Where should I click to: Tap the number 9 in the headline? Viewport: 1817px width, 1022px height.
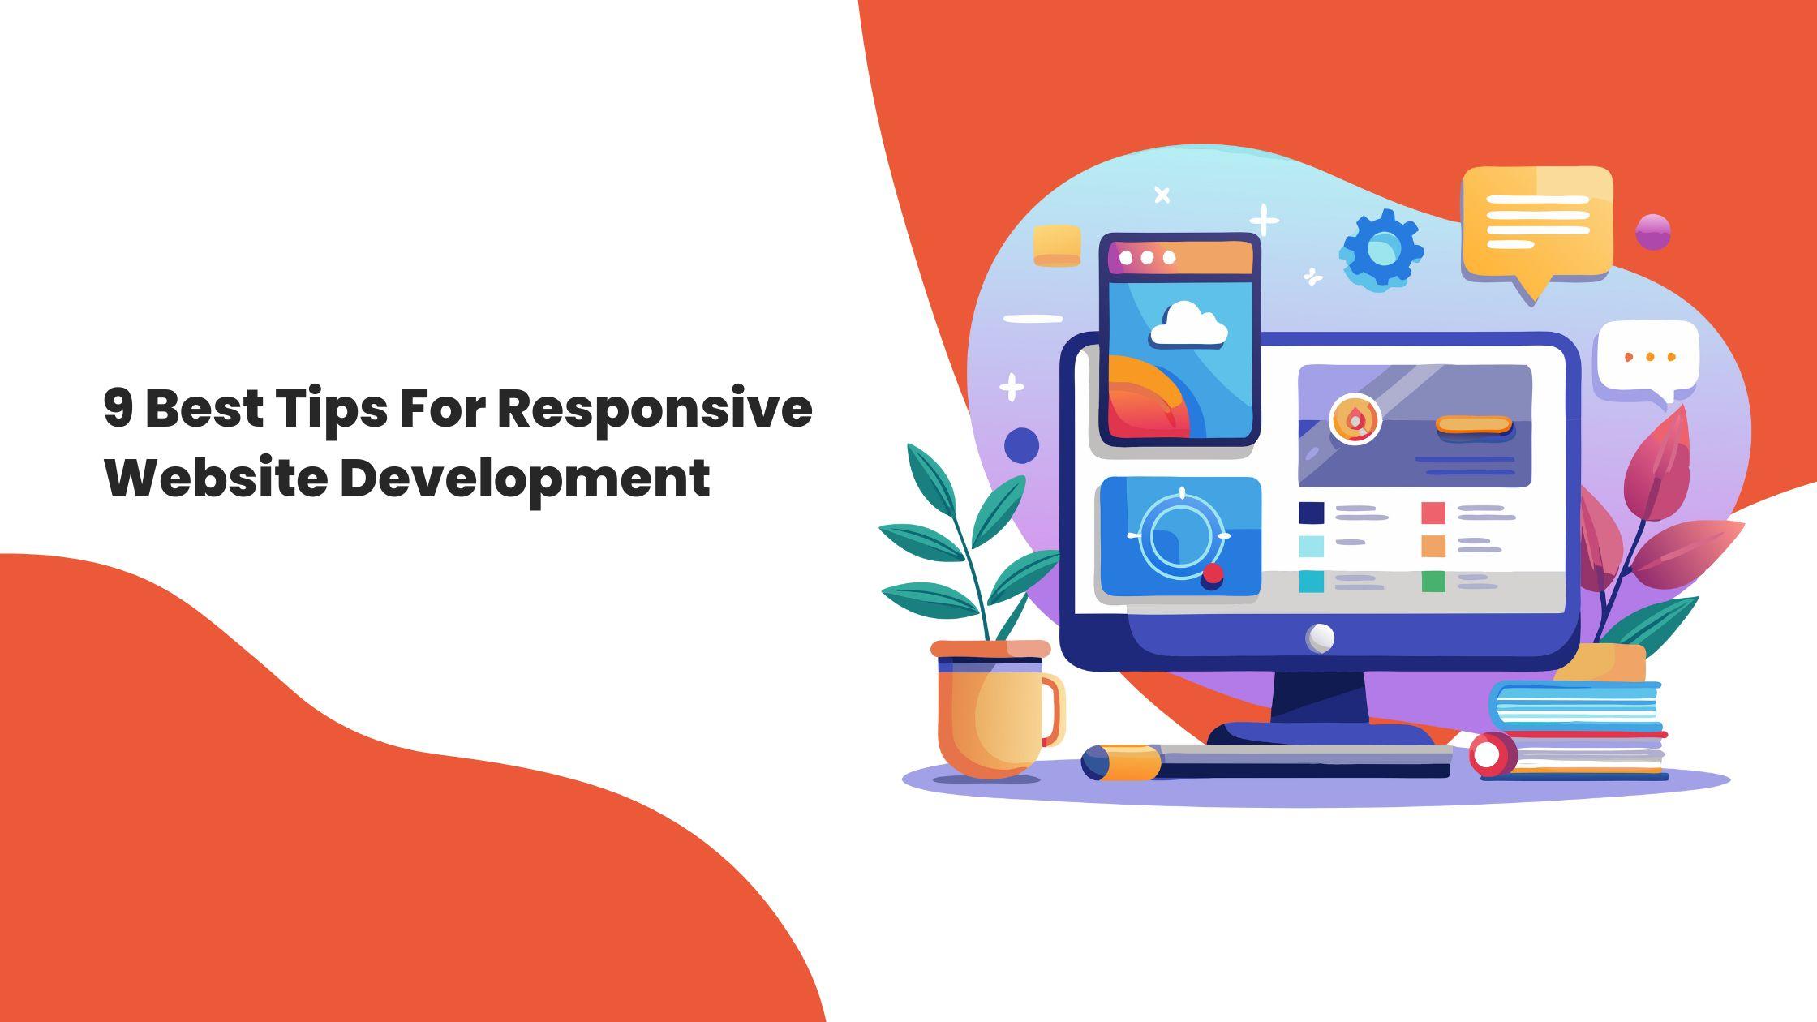pos(118,408)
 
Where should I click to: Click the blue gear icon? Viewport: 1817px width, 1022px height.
pos(1381,250)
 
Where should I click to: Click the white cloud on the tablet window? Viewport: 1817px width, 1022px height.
pos(1188,325)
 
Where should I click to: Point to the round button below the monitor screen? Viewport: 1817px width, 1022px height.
pos(1320,638)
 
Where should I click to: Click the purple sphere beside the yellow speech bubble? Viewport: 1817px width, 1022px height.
pos(1652,232)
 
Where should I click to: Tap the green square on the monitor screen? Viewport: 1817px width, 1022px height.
pos(1433,582)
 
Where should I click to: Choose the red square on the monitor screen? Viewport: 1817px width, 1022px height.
pos(1433,513)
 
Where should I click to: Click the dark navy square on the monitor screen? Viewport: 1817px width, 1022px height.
pos(1312,513)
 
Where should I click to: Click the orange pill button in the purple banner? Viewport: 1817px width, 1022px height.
pos(1473,425)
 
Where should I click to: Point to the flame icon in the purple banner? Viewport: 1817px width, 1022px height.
pos(1355,419)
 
